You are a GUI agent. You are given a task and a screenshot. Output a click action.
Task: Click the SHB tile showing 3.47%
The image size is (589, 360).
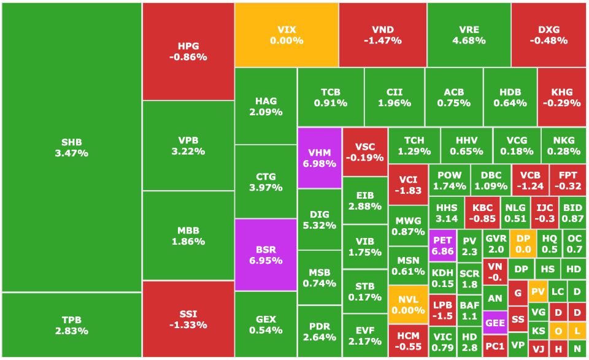71,147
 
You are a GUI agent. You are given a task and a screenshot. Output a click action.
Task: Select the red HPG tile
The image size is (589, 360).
188,52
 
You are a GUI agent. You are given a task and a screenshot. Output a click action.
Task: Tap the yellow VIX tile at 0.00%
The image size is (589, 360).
287,35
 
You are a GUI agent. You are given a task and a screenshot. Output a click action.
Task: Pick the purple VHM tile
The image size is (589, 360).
319,158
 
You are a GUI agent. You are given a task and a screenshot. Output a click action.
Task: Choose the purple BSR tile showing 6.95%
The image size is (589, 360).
266,255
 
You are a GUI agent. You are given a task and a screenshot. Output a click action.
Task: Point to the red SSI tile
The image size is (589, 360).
188,319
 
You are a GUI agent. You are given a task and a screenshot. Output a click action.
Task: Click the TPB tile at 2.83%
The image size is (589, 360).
71,325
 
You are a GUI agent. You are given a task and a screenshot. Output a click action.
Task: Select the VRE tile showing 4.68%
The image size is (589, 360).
469,35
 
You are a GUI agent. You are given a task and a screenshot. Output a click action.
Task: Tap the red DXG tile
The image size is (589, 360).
549,35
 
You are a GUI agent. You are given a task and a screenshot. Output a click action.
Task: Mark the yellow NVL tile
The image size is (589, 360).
408,305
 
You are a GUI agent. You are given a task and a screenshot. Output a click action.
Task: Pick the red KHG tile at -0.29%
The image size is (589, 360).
561,97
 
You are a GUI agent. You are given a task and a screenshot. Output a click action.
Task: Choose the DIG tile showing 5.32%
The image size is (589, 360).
319,220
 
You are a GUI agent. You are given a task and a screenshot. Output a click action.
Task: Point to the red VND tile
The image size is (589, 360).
382,35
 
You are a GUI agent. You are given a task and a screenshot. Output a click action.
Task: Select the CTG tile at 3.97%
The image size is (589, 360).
266,182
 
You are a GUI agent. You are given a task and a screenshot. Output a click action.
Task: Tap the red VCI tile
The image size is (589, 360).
408,185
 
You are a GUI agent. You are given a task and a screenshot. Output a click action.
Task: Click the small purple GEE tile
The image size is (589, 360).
495,323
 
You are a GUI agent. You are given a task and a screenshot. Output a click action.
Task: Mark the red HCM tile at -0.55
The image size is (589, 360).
408,341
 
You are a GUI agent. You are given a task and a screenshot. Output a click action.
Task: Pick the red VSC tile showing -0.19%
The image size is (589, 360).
364,151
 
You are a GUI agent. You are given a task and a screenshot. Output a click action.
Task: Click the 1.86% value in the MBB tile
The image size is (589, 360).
188,242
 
